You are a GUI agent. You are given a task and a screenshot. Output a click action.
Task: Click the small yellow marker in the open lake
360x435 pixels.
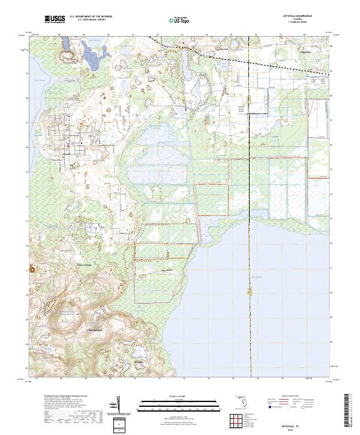tap(249, 292)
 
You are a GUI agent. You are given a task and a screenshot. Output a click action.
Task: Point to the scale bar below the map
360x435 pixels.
tap(179, 404)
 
